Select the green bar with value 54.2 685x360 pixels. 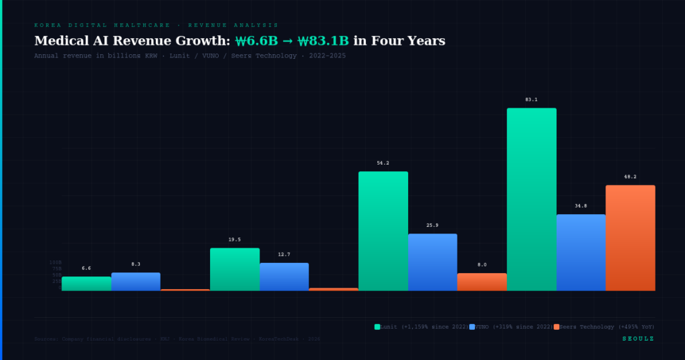coord(383,231)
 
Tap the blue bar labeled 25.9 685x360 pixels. coord(432,262)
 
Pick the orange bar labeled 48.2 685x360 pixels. coord(630,238)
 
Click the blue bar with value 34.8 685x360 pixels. coord(581,252)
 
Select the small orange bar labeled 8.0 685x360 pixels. coord(482,282)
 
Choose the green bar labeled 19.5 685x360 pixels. coord(234,269)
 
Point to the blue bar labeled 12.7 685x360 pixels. coord(284,276)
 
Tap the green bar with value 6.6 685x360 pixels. coord(86,284)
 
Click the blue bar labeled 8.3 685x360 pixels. coord(136,282)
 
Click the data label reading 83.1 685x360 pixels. coord(531,100)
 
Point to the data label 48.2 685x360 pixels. coord(630,177)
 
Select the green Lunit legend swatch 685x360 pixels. coord(377,327)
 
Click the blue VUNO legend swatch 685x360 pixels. coord(472,327)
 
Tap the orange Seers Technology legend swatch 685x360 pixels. coord(556,327)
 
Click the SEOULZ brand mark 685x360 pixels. coord(638,339)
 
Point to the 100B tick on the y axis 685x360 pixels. coord(55,262)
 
